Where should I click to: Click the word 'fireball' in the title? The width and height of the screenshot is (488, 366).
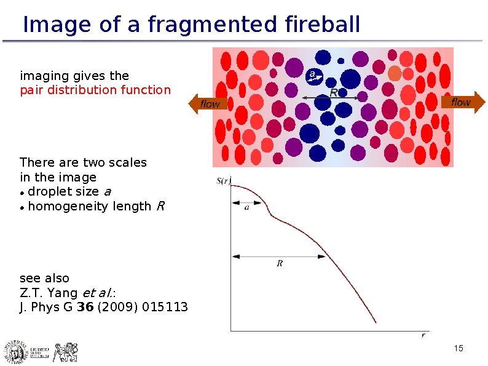(323, 25)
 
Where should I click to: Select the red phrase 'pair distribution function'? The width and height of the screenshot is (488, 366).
(95, 90)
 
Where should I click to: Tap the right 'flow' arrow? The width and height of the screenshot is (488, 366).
(463, 102)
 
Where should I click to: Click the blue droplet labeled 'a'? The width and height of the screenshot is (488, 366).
(313, 75)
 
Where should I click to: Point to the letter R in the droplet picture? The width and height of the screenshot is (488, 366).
(334, 92)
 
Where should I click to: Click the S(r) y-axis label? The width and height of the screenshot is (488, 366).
(223, 181)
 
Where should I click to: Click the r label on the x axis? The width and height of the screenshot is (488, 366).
(423, 335)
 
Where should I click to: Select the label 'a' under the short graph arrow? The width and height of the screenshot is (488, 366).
(246, 207)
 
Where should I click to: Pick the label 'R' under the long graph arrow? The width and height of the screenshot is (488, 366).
(280, 263)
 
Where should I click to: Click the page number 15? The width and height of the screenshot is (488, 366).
(458, 349)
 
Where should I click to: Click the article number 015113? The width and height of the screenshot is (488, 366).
(165, 308)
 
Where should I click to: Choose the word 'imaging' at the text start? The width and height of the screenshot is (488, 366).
(44, 76)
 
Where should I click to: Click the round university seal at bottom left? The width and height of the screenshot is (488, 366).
(15, 351)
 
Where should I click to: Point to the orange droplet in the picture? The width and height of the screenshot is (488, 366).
(395, 74)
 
